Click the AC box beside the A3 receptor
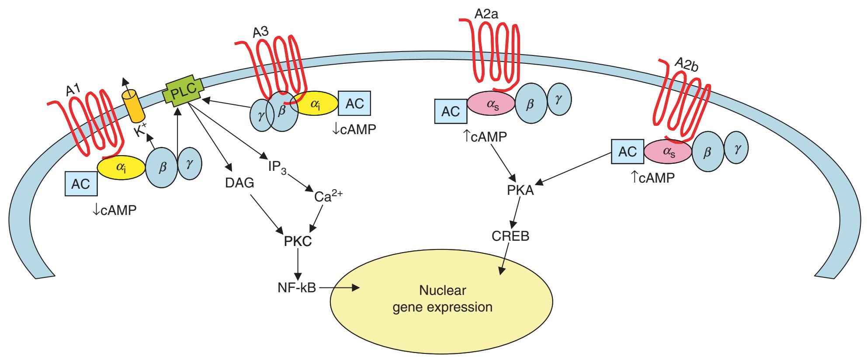tap(354, 104)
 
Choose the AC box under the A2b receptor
tap(628, 152)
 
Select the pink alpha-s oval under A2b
tap(668, 151)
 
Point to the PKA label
tap(520, 191)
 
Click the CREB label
tap(510, 236)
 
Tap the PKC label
tap(298, 241)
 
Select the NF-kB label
tap(297, 288)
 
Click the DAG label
tap(239, 183)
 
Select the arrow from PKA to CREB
tap(516, 214)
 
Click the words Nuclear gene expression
tap(442, 299)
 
